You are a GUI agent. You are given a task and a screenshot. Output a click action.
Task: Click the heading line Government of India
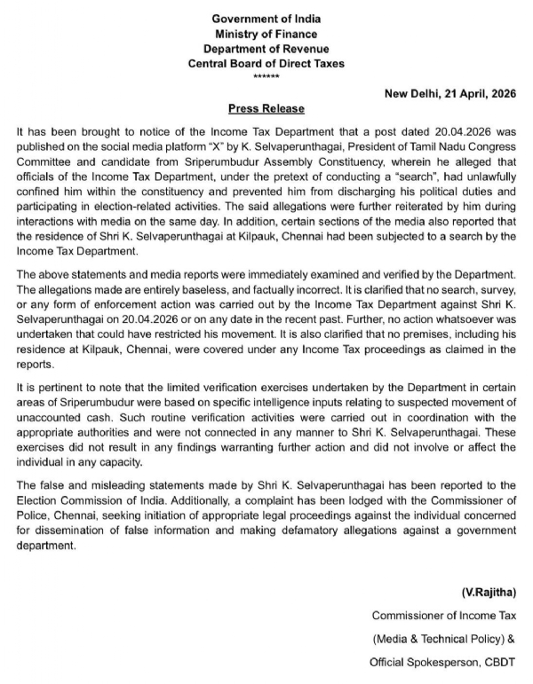266,18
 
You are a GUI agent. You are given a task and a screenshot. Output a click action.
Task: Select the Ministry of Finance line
266,33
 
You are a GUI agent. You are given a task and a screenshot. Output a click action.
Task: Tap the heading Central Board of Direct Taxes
266,63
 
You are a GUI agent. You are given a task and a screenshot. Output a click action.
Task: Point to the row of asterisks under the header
266,77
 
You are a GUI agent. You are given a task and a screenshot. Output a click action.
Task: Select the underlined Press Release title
266,108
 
